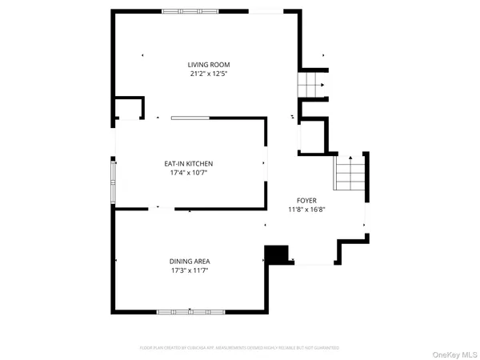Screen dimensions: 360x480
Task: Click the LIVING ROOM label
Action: point(206,65)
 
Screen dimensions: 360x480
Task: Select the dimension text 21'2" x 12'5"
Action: point(206,74)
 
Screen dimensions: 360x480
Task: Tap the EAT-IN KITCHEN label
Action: point(189,163)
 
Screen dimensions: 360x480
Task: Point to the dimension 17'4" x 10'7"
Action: point(189,173)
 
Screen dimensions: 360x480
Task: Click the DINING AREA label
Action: point(190,261)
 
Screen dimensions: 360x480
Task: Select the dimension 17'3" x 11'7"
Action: point(190,270)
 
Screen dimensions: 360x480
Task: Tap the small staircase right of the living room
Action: point(310,84)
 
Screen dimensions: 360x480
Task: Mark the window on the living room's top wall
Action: point(192,11)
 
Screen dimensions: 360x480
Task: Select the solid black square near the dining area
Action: point(277,254)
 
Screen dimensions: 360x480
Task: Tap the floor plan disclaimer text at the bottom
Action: point(240,348)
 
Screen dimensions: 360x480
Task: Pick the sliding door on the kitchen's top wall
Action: point(190,118)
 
